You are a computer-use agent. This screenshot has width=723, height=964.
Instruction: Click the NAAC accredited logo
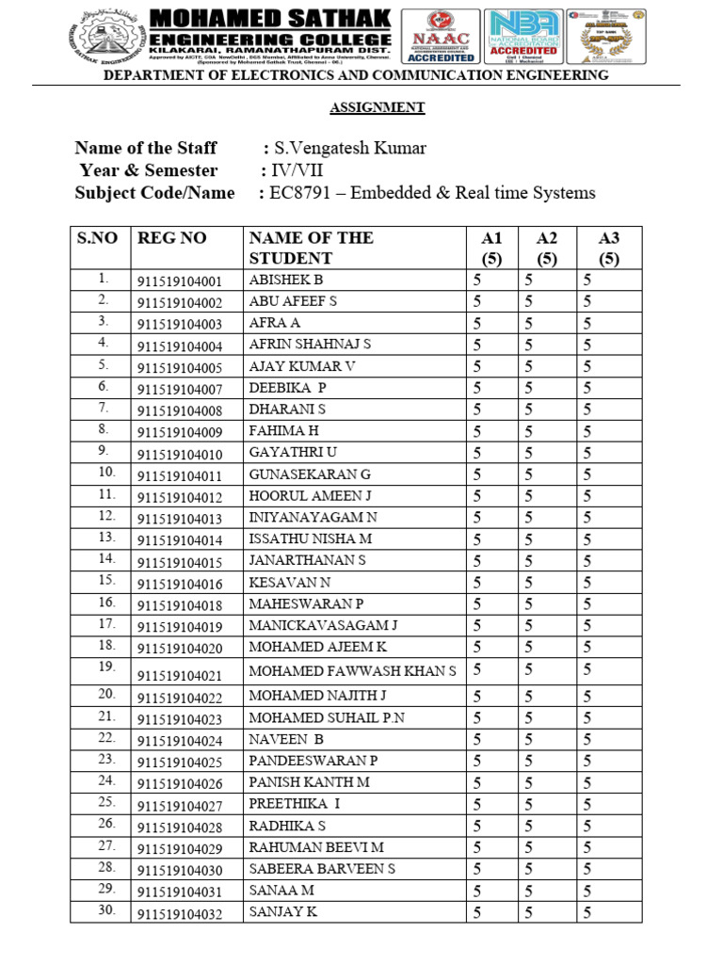(439, 37)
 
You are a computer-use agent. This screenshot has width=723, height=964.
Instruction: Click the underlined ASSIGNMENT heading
(377, 107)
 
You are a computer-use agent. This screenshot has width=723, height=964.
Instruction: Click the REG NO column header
(172, 238)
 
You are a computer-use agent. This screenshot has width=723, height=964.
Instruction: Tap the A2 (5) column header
(547, 248)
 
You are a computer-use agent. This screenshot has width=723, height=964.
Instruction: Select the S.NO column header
(97, 238)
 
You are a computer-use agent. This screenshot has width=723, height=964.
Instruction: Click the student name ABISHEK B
(286, 280)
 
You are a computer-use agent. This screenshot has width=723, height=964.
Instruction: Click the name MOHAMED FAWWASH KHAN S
(352, 670)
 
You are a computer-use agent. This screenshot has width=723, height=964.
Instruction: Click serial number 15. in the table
(105, 580)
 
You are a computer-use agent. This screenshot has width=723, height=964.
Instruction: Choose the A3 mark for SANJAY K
(586, 911)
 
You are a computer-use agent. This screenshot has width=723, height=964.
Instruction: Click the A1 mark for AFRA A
(477, 323)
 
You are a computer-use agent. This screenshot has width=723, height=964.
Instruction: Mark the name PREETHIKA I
(294, 803)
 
